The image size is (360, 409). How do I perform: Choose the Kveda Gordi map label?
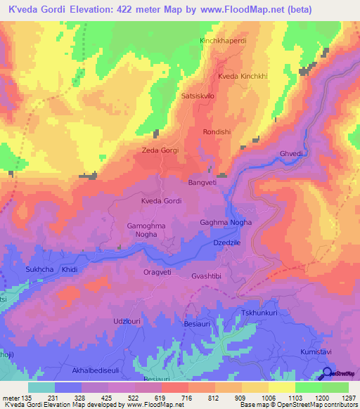(x=162, y=201)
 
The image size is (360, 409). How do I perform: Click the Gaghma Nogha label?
(x=226, y=223)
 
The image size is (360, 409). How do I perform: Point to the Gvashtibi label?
(x=207, y=277)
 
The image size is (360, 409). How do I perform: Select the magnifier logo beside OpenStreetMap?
(x=326, y=374)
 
